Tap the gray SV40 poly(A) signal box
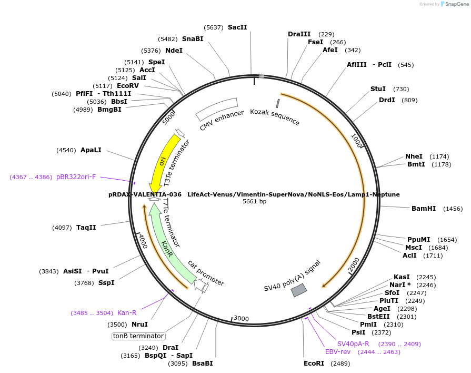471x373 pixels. point(299,290)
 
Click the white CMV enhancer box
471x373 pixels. point(217,109)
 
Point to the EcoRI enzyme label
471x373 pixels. point(314,364)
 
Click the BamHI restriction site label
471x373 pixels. point(424,209)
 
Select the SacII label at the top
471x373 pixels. point(237,27)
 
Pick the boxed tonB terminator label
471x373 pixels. point(138,336)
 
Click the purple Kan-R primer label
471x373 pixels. point(127,313)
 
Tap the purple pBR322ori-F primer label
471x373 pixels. point(76,177)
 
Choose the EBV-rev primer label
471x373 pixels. point(338,352)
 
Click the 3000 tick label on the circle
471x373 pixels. point(241,318)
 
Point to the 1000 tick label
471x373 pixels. point(357,141)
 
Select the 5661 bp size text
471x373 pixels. point(254,201)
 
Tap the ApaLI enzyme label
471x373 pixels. point(91,150)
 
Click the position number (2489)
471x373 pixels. point(340,364)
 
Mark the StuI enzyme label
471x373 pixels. point(378,89)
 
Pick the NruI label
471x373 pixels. point(139,325)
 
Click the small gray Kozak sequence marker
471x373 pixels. point(278,103)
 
